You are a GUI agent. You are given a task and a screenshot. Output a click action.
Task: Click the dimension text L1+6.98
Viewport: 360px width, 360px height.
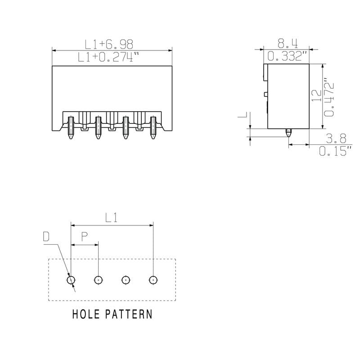tap(109, 44)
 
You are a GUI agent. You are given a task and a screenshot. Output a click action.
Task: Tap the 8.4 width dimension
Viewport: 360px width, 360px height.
tap(287, 44)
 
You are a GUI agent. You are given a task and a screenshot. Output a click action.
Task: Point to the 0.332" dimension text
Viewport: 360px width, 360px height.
tap(287, 57)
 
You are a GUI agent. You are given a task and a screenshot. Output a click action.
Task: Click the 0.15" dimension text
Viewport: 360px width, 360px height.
tap(335, 151)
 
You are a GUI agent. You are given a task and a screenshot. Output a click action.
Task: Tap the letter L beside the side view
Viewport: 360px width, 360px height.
tap(243, 116)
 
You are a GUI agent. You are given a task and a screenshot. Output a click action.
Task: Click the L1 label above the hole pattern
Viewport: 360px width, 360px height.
tap(111, 218)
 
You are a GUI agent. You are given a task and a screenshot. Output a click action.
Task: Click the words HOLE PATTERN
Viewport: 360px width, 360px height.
tap(112, 314)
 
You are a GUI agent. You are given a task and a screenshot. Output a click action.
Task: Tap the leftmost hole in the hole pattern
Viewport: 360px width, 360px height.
tap(71, 280)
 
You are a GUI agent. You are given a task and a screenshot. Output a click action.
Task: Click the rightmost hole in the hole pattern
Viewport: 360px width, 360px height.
tap(153, 280)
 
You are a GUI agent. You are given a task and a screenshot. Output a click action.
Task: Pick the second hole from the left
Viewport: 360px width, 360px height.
tap(98, 280)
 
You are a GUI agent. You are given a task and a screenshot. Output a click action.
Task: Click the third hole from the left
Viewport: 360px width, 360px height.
tap(126, 280)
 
